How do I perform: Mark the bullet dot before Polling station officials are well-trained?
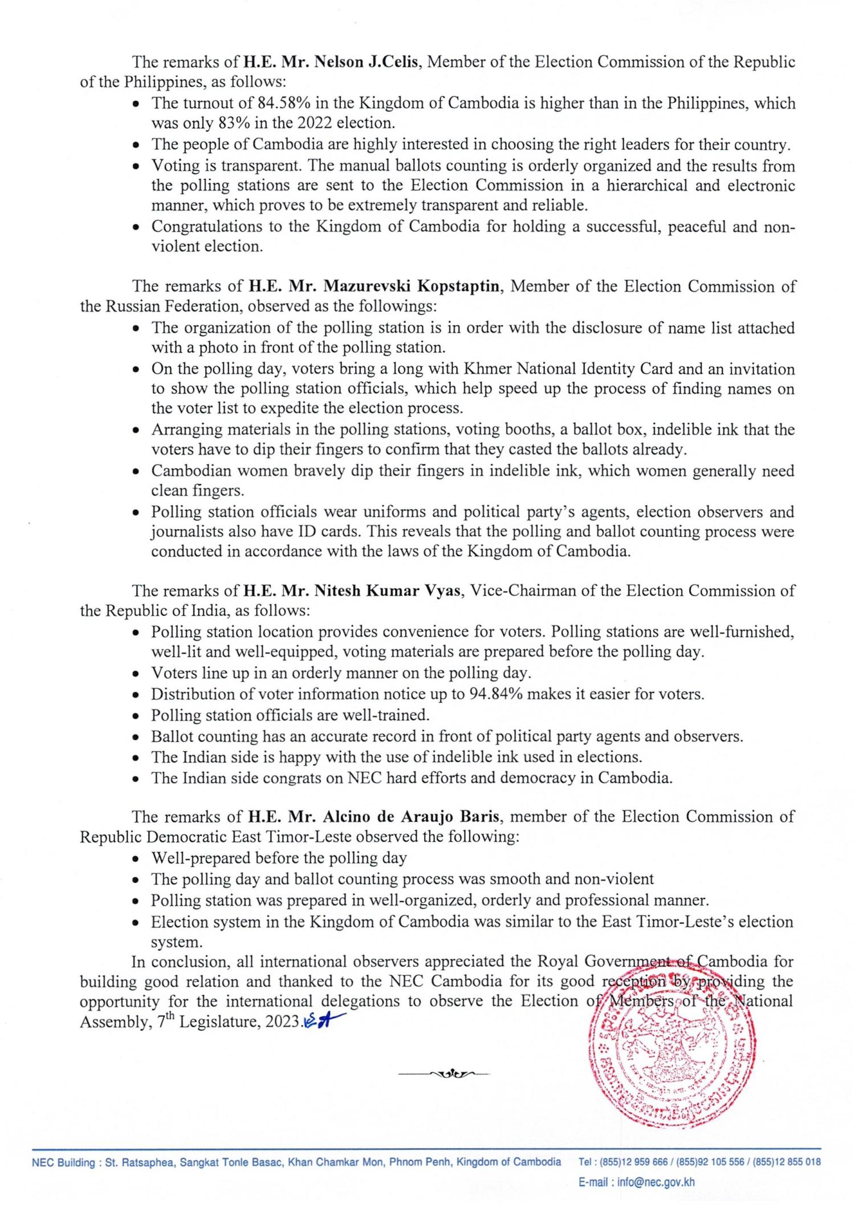click(x=136, y=716)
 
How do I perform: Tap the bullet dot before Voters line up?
click(x=136, y=674)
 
